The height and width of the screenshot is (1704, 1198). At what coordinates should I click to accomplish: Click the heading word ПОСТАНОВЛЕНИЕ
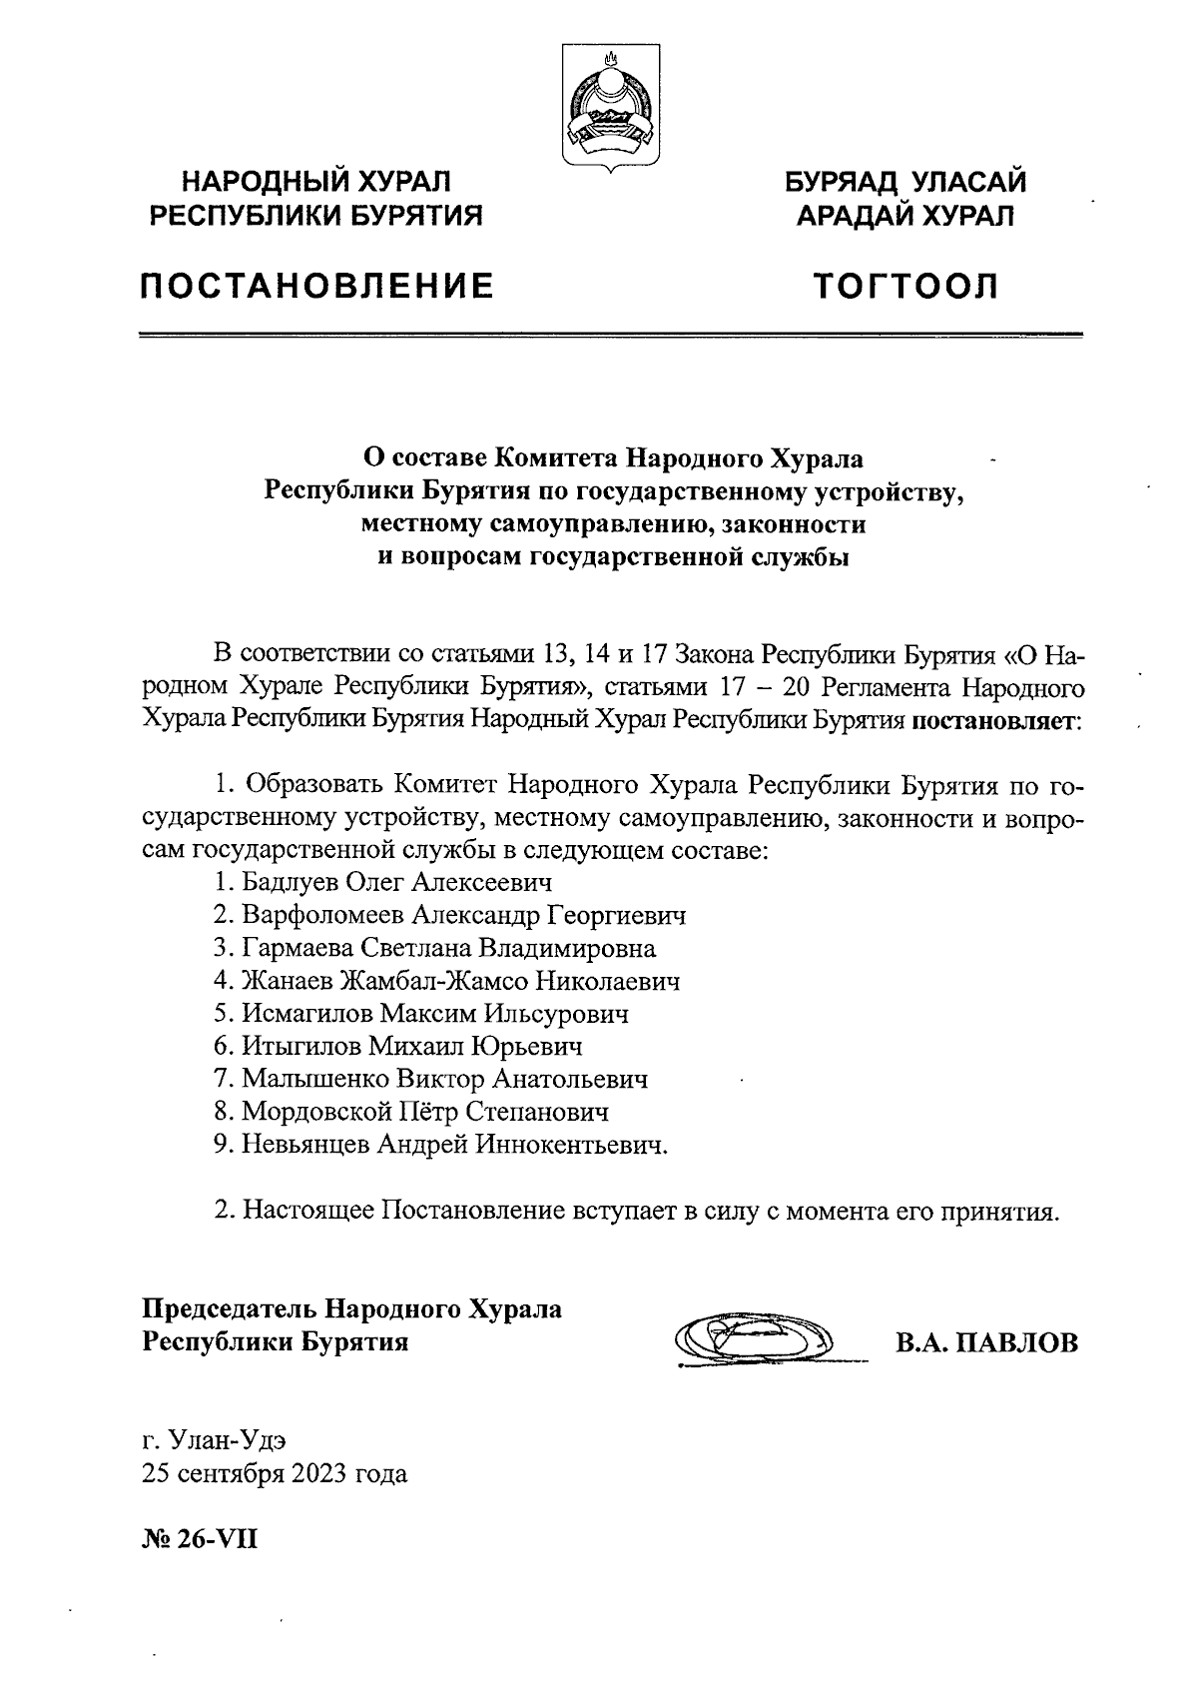[316, 288]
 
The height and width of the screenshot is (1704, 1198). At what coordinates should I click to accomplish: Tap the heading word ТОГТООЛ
[905, 288]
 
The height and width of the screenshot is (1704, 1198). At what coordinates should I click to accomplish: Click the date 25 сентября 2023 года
[275, 1473]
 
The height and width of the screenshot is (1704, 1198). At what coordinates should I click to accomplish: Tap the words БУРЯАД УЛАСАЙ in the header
[905, 183]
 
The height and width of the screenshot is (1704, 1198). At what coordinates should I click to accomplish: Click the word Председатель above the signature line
[232, 1308]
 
